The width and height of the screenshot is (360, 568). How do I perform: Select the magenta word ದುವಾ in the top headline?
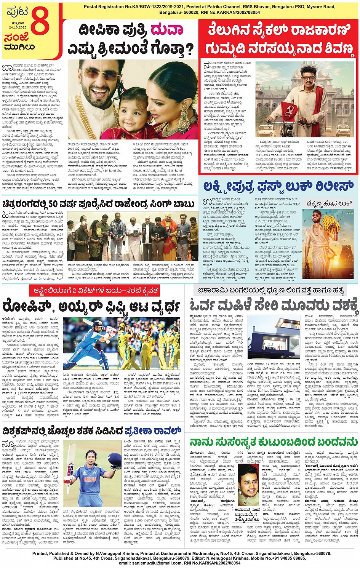coord(166,30)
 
